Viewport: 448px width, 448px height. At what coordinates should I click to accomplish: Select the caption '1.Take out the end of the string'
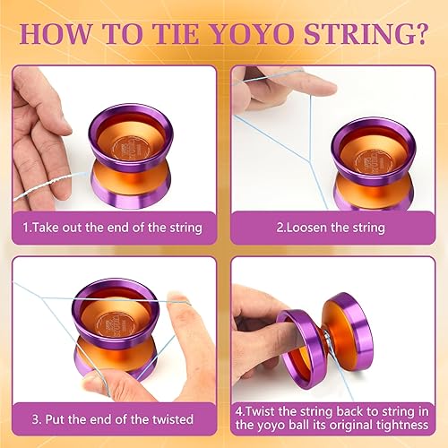tap(112, 228)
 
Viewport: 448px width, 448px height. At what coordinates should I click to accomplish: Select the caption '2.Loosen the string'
tap(332, 228)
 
